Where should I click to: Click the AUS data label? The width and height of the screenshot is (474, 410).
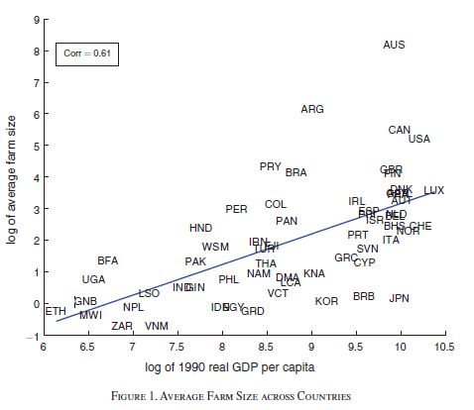[394, 46]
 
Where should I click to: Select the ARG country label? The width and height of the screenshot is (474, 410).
[312, 109]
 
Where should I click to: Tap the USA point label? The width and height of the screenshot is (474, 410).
[419, 139]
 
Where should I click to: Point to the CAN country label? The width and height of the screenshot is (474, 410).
[400, 130]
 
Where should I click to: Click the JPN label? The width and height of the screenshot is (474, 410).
[400, 298]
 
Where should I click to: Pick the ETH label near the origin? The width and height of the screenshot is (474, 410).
[57, 311]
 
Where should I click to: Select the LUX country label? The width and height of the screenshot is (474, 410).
[434, 190]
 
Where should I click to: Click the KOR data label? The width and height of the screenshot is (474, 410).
[326, 301]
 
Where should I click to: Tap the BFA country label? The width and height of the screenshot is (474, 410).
[108, 260]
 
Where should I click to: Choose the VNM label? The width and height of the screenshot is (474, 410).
[157, 326]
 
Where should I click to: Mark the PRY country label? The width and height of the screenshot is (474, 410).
[271, 166]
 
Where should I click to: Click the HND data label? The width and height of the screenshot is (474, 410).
[200, 228]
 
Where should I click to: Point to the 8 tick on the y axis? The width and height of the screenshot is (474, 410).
[33, 51]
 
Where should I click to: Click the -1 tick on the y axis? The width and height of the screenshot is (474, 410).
[31, 336]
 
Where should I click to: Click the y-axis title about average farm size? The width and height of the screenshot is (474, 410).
[12, 179]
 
